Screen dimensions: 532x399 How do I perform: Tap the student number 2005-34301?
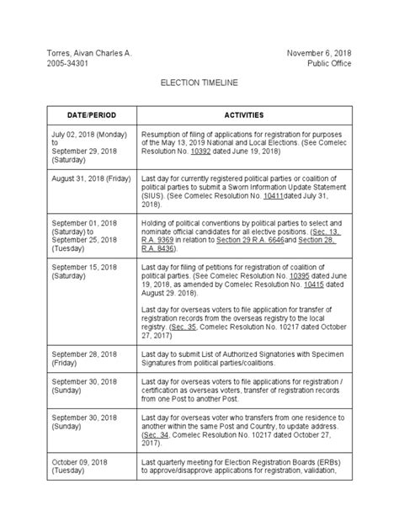[x=68, y=64]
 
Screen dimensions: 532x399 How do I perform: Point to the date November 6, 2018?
[x=319, y=53]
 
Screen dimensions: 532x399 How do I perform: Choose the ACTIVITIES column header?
[x=244, y=114]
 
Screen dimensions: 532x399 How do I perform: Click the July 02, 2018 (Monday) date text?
[x=89, y=133]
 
